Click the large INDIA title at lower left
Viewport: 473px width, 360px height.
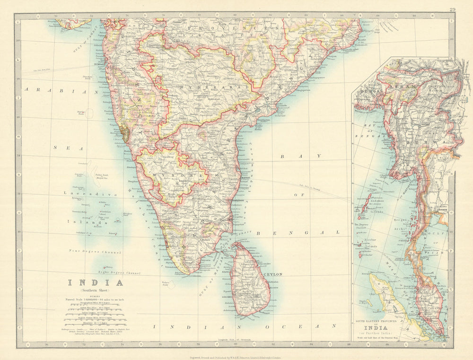coord(96,283)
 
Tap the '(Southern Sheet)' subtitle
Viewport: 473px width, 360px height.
coord(96,290)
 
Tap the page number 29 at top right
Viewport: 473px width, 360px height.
coord(453,9)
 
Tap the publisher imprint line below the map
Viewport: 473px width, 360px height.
coord(236,353)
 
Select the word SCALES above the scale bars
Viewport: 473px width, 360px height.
coord(96,296)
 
